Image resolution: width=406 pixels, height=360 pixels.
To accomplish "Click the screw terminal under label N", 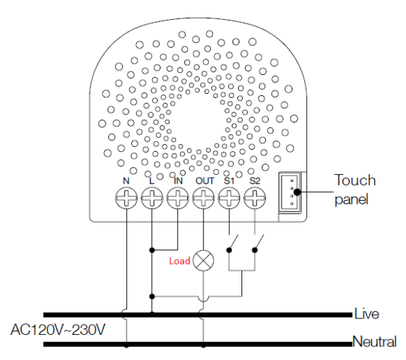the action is (x=126, y=198).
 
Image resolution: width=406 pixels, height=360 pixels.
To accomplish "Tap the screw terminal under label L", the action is (x=152, y=198).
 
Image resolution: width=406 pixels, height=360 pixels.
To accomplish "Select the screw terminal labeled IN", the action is (x=177, y=198).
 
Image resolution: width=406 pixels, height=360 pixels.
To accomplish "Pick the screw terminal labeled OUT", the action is (x=203, y=198).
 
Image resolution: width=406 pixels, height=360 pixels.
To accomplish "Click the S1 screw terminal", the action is (x=229, y=198).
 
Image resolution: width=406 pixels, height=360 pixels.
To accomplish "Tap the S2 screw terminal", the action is (x=255, y=198).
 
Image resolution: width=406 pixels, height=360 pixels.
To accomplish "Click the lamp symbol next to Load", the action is (x=203, y=261).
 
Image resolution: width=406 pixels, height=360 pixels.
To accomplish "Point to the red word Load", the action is (x=180, y=261).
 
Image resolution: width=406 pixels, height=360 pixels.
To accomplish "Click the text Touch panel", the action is (x=355, y=189).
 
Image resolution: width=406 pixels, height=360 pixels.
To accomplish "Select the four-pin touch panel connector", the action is (x=290, y=193).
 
